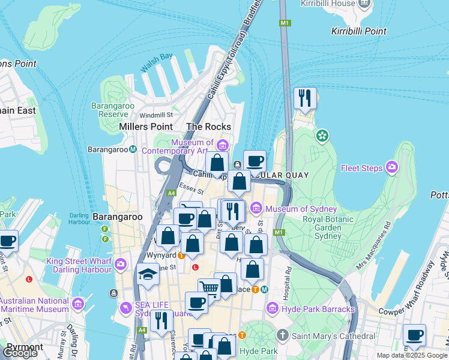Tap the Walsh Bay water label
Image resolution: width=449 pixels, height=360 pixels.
tap(157, 63)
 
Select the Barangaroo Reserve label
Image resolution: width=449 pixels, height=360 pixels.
tap(109, 109)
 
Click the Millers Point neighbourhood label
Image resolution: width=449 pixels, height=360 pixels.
tap(146, 127)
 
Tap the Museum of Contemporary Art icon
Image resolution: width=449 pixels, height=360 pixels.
tap(223, 145)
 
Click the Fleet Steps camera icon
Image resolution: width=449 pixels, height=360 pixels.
tap(392, 166)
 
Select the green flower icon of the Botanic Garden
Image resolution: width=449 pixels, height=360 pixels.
tap(323, 136)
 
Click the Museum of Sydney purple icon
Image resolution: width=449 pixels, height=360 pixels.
tap(256, 208)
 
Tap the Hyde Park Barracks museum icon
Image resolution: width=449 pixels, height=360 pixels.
tap(273, 309)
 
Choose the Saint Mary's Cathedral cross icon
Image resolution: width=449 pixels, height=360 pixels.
tap(282, 334)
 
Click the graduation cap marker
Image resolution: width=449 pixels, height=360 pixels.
tap(148, 275)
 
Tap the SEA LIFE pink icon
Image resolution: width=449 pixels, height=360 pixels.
tap(125, 308)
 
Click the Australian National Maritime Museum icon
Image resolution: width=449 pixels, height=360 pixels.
tap(77, 304)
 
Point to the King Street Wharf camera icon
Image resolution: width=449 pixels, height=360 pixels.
tap(121, 263)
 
